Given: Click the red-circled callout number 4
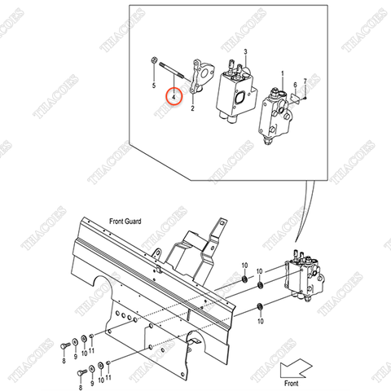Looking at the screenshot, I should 174,96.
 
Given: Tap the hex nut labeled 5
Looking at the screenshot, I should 154,60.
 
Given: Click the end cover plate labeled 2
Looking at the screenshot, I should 200,81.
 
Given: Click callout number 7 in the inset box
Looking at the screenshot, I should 304,82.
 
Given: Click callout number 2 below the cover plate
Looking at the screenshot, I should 193,108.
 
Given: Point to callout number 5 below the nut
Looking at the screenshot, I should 154,84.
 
